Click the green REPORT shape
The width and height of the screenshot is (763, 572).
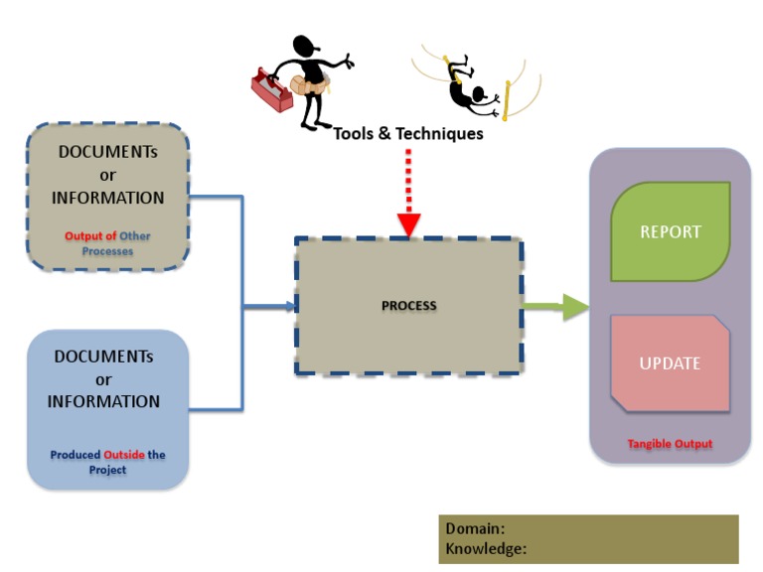click(x=671, y=231)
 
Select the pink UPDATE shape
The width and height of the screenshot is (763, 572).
click(x=671, y=363)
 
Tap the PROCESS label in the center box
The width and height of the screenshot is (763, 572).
click(x=408, y=306)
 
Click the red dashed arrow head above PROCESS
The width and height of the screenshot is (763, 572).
click(x=406, y=226)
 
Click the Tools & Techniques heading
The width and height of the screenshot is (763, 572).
click(x=407, y=133)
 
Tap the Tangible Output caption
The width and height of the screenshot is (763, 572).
click(x=670, y=444)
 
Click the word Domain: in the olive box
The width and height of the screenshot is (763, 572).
click(x=476, y=529)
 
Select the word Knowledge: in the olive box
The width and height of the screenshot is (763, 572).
click(x=486, y=548)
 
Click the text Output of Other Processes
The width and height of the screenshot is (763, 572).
click(x=108, y=244)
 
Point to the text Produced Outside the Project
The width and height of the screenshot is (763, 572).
click(x=107, y=462)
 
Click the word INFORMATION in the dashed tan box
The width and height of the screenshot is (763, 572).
click(x=107, y=198)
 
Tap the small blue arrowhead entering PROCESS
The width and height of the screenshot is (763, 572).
click(x=290, y=307)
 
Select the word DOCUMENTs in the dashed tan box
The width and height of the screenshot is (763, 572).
click(x=107, y=152)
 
